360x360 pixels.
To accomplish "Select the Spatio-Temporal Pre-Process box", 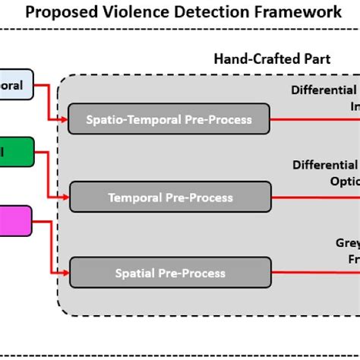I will (x=169, y=119).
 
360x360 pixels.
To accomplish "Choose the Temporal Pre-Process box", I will (x=169, y=197).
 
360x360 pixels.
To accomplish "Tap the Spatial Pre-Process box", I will (x=169, y=273).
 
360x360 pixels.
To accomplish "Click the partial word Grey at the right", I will (x=347, y=244).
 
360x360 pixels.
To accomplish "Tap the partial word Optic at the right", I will (x=343, y=182).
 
